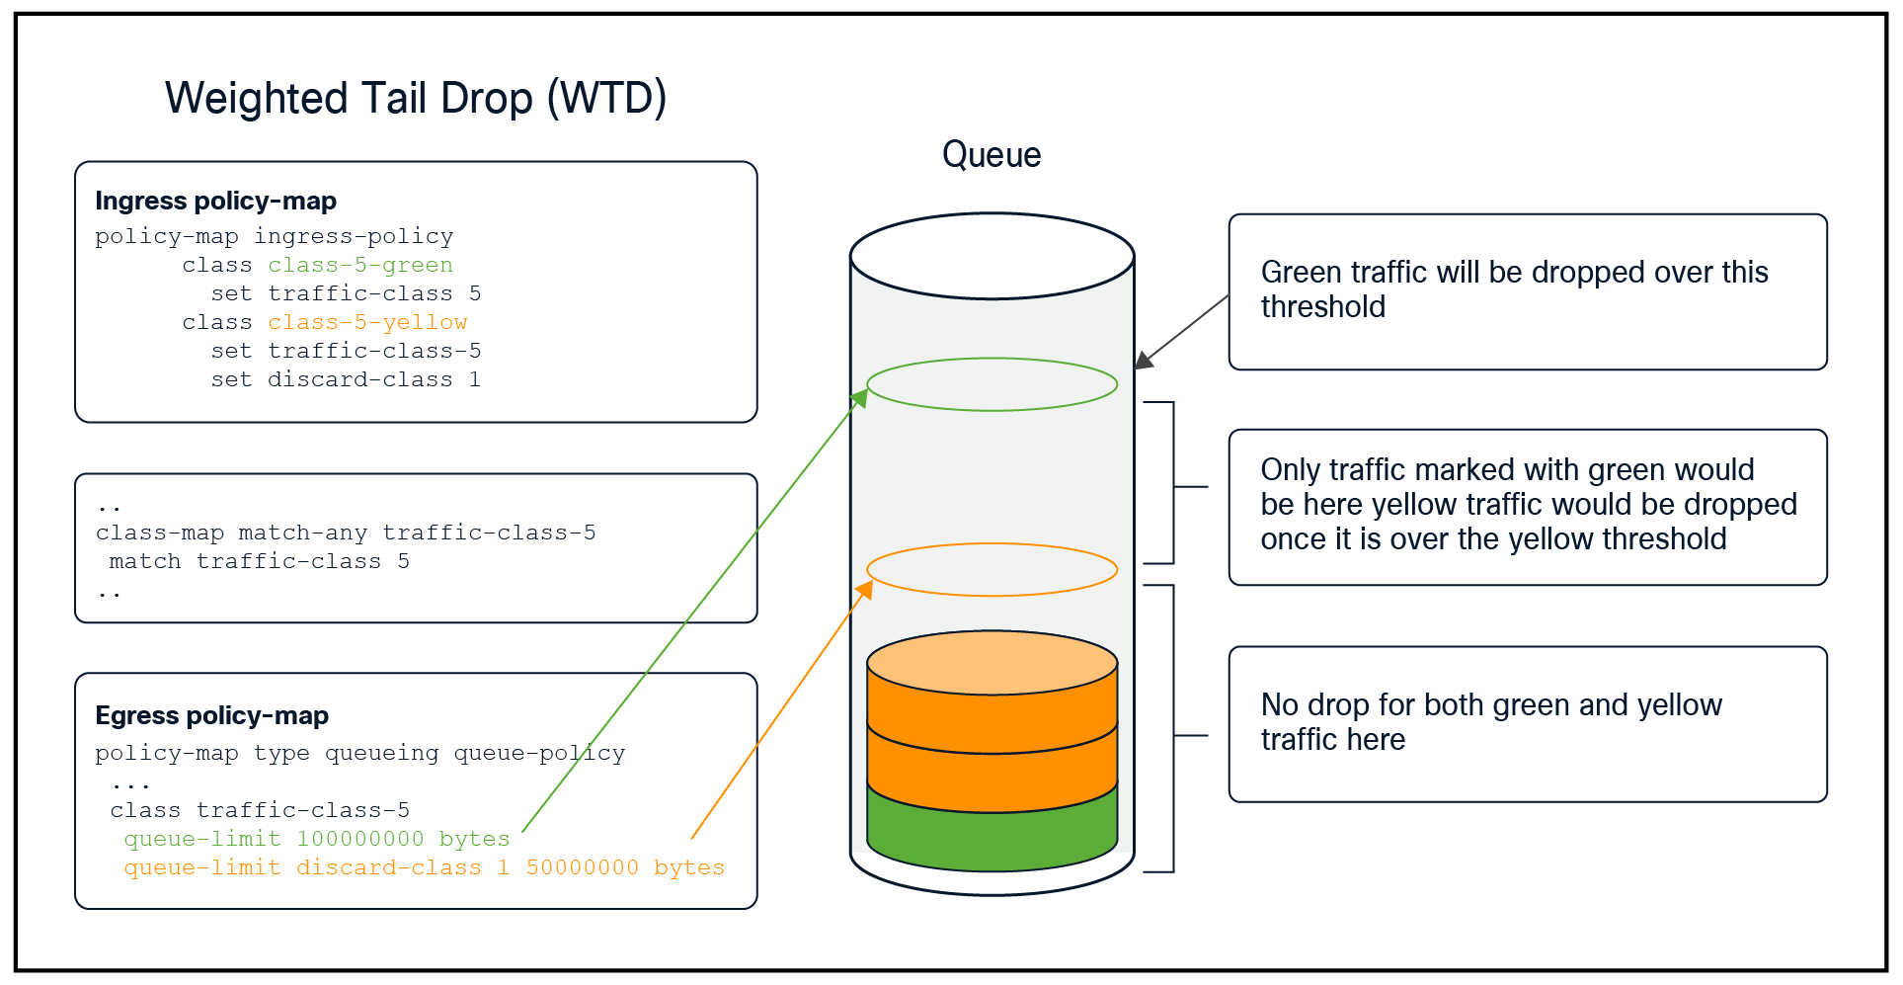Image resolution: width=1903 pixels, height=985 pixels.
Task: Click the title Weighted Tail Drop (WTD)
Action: [415, 99]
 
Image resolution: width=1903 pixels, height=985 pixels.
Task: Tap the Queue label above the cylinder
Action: [991, 155]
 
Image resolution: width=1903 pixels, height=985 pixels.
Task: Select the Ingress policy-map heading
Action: [215, 202]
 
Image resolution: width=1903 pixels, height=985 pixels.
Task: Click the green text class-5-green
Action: [360, 265]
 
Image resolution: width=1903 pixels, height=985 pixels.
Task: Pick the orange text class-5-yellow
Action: [367, 322]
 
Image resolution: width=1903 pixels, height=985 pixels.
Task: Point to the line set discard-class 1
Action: [345, 379]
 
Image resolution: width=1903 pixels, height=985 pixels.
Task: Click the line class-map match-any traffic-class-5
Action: [346, 533]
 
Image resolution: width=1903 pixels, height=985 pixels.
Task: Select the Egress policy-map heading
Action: [211, 715]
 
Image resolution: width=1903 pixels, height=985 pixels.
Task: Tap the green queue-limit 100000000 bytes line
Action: [316, 839]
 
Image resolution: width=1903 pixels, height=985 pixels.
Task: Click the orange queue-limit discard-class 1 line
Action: [424, 867]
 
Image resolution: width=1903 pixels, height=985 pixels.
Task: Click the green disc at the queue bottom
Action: [991, 840]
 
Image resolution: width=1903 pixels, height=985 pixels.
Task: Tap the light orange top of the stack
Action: [991, 662]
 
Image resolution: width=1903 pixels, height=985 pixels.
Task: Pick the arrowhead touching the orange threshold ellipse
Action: [865, 588]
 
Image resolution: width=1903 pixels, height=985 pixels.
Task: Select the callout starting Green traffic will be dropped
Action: [1527, 291]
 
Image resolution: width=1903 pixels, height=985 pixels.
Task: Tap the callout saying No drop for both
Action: [1527, 723]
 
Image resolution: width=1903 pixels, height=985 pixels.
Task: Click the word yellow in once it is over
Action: [1548, 539]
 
